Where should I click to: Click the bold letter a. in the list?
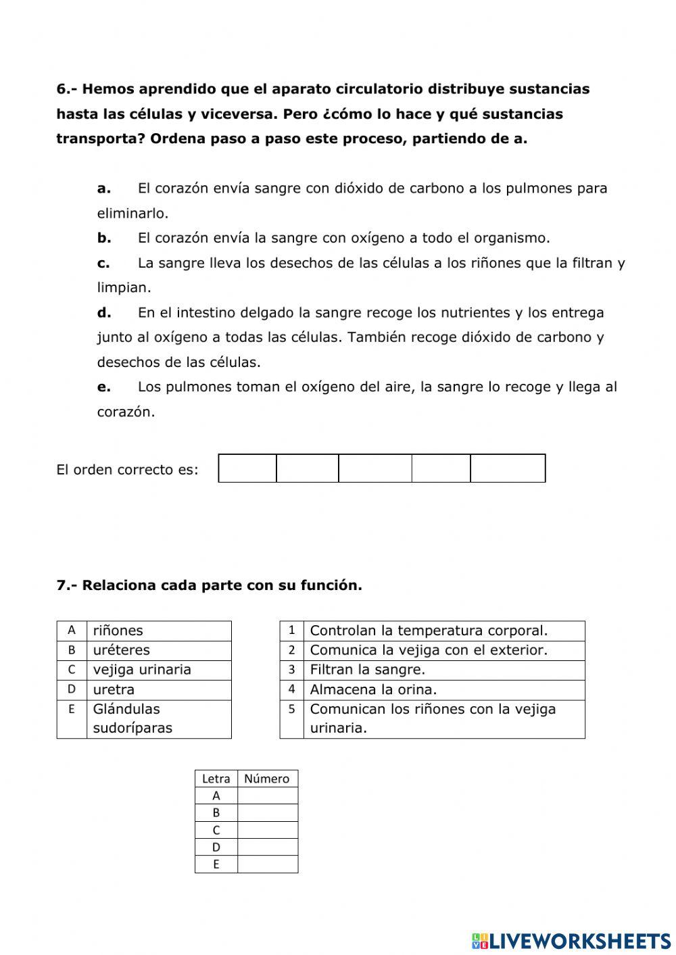point(103,189)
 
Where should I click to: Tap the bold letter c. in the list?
point(103,263)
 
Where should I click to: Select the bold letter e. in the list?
point(103,387)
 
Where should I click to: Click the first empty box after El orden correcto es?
point(247,468)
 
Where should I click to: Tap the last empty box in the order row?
point(508,468)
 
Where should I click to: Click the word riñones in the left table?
point(118,631)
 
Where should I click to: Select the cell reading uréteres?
point(122,650)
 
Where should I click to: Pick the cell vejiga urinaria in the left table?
point(142,670)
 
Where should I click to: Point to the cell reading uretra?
point(114,689)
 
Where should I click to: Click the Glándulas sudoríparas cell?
point(132,718)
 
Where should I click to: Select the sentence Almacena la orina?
point(373,689)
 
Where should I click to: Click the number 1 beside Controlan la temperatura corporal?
point(291,631)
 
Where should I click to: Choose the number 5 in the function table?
point(291,710)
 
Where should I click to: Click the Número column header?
point(266,779)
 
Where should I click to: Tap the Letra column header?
point(216,779)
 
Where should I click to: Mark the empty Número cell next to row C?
point(268,830)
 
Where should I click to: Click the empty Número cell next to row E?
point(268,864)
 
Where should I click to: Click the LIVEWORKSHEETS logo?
point(571,941)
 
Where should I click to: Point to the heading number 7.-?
point(67,585)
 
